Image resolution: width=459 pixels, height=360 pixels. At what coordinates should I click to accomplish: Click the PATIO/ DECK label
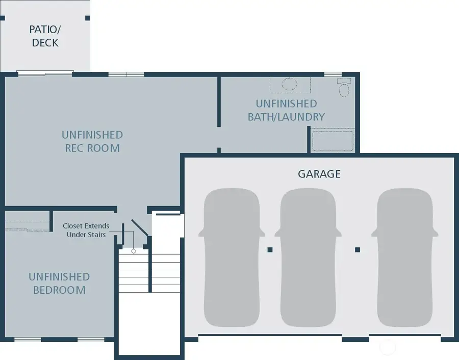(45, 36)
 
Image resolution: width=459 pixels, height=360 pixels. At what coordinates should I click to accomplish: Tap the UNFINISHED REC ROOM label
(92, 141)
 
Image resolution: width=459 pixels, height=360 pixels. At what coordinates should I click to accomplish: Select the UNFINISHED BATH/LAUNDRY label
(286, 110)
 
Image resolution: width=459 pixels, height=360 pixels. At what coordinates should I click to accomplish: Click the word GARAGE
(319, 174)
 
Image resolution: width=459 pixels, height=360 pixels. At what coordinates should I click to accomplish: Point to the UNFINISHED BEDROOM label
(59, 284)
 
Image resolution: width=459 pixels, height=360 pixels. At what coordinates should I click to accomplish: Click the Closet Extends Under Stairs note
(86, 230)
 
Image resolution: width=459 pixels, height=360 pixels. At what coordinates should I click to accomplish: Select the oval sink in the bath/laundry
(290, 84)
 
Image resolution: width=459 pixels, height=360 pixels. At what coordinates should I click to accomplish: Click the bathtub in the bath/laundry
(333, 141)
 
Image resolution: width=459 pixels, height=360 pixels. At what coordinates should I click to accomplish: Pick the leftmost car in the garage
(232, 258)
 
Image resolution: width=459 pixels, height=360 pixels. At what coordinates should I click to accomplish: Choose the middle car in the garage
(308, 258)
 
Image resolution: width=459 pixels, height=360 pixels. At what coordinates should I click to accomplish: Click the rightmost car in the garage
(404, 258)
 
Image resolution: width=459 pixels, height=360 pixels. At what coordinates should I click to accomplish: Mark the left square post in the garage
(270, 250)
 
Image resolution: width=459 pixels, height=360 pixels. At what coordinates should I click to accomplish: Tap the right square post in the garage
(358, 250)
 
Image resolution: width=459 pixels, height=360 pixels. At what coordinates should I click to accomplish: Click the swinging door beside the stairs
(139, 228)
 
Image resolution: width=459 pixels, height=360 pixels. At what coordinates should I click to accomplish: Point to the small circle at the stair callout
(134, 251)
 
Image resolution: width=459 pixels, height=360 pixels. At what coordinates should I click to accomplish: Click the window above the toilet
(333, 74)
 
